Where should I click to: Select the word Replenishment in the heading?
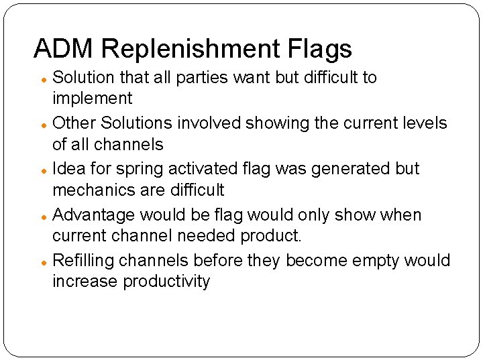coord(191,48)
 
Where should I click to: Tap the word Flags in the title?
coord(321,48)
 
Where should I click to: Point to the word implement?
coord(93,99)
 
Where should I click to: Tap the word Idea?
coord(68,169)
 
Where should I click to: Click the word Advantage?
coord(94,215)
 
